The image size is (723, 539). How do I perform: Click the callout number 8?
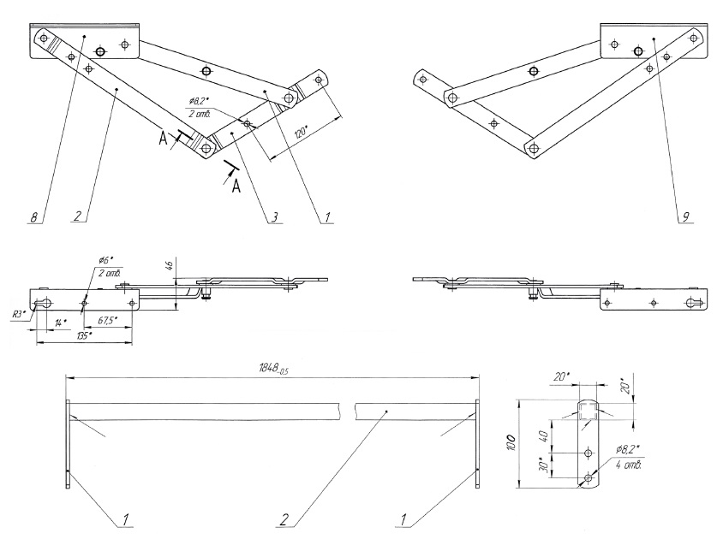coord(33,218)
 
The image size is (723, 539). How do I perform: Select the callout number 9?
coord(685,218)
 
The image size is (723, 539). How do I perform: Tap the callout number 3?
coord(273,218)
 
